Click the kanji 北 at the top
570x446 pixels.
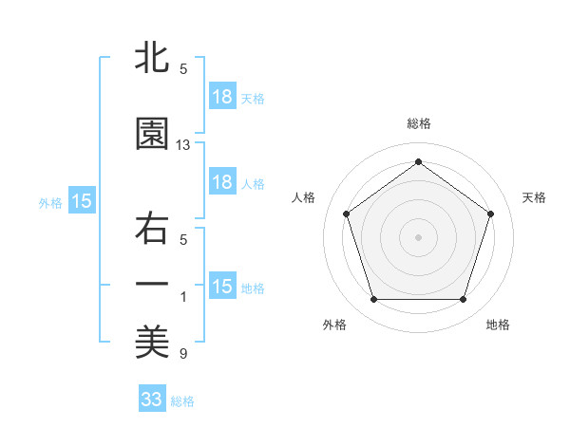[152, 57]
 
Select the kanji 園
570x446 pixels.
[152, 133]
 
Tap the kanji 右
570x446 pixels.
[152, 231]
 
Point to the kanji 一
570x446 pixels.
[152, 284]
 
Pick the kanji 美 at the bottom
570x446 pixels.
[152, 342]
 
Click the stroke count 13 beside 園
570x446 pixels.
[183, 145]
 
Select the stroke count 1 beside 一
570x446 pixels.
[183, 298]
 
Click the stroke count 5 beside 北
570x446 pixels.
[183, 69]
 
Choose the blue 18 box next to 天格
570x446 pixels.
[222, 97]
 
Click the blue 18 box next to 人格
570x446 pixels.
[222, 182]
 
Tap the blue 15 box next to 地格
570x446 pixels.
[222, 287]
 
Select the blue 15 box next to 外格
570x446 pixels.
[81, 201]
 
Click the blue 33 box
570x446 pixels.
[152, 400]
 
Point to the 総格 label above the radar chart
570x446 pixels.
[419, 123]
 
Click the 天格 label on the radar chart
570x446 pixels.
[535, 197]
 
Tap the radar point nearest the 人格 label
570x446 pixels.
[346, 214]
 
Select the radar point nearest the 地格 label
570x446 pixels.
[463, 300]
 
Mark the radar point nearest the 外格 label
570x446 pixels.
[373, 300]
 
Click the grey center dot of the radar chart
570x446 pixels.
[418, 236]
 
